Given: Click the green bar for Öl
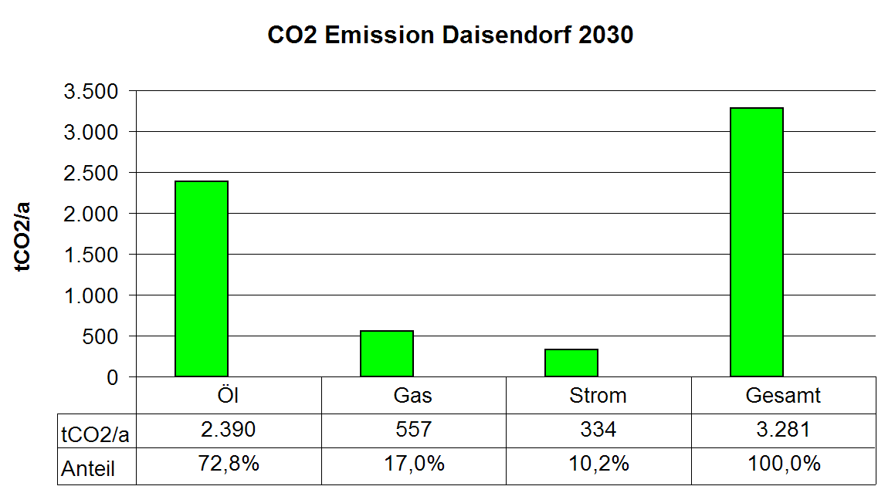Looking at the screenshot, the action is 202,279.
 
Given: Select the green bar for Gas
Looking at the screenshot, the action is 386,353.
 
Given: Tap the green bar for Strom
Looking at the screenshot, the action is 571,363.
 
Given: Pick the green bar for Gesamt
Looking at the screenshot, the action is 756,242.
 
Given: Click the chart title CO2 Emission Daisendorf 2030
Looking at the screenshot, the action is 450,35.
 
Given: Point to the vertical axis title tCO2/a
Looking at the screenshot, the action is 22,237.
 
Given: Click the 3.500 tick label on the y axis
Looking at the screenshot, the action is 91,91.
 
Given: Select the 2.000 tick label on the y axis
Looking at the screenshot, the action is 91,214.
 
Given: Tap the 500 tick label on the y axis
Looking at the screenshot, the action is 100,336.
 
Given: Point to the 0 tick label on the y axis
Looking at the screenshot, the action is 113,377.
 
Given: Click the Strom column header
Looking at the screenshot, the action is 598,395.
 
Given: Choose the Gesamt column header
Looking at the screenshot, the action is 783,395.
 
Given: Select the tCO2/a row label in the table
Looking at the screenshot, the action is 95,435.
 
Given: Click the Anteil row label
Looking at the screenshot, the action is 88,469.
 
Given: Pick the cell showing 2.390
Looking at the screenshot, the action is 229,430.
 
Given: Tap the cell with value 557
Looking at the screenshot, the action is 414,430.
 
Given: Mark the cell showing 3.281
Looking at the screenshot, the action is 783,430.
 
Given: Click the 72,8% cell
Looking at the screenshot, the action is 229,464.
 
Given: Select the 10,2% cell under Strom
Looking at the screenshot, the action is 598,464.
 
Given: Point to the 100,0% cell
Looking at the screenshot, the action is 784,464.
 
